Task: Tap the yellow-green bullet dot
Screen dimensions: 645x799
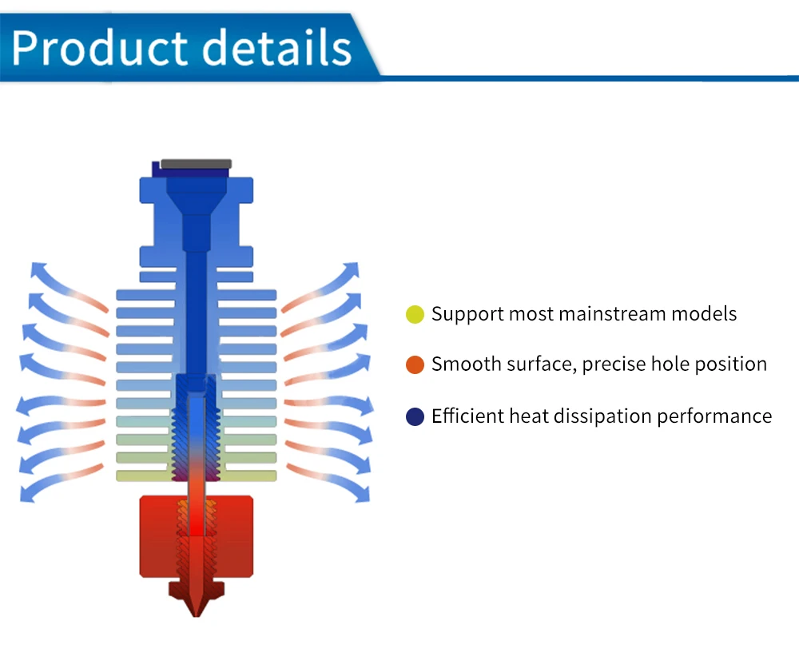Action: pos(415,314)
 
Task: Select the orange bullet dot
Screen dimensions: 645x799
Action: pos(415,365)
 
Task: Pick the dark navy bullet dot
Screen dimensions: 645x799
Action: pos(415,416)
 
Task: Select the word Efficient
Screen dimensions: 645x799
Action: pos(467,416)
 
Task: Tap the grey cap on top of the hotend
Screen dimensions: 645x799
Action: pos(196,164)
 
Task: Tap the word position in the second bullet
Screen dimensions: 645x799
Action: pos(733,365)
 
